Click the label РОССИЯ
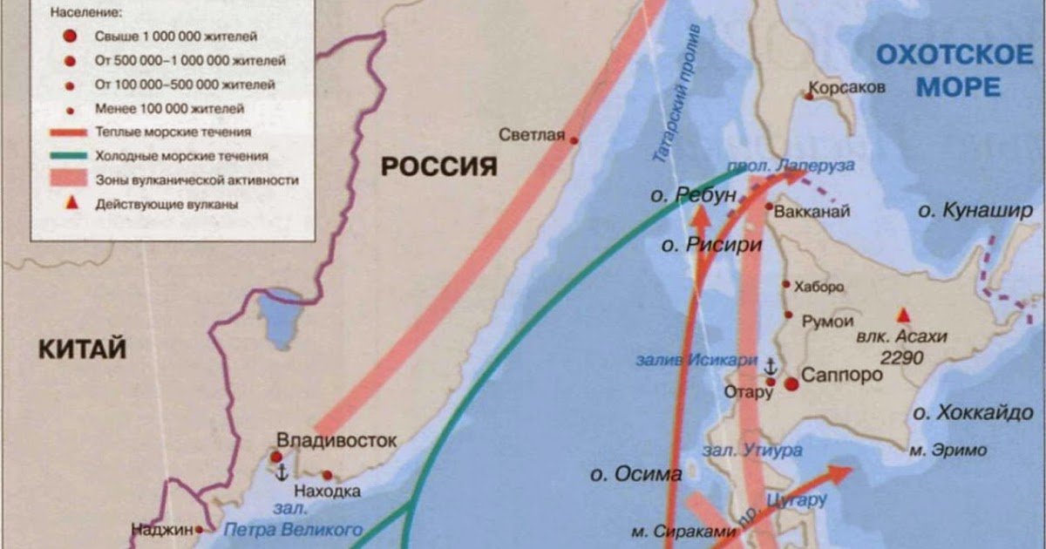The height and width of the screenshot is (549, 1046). coord(438,166)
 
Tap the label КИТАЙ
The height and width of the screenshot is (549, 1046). coord(82,349)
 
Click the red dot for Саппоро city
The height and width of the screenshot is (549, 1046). coord(791,383)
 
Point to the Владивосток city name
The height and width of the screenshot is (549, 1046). coord(336,440)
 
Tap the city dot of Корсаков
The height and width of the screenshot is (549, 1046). coord(809,96)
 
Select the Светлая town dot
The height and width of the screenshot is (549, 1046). coord(574,139)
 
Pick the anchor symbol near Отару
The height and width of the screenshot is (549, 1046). coord(771,363)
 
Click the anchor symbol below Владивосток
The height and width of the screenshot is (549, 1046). coord(282,472)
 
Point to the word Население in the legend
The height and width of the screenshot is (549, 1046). coord(87,15)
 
